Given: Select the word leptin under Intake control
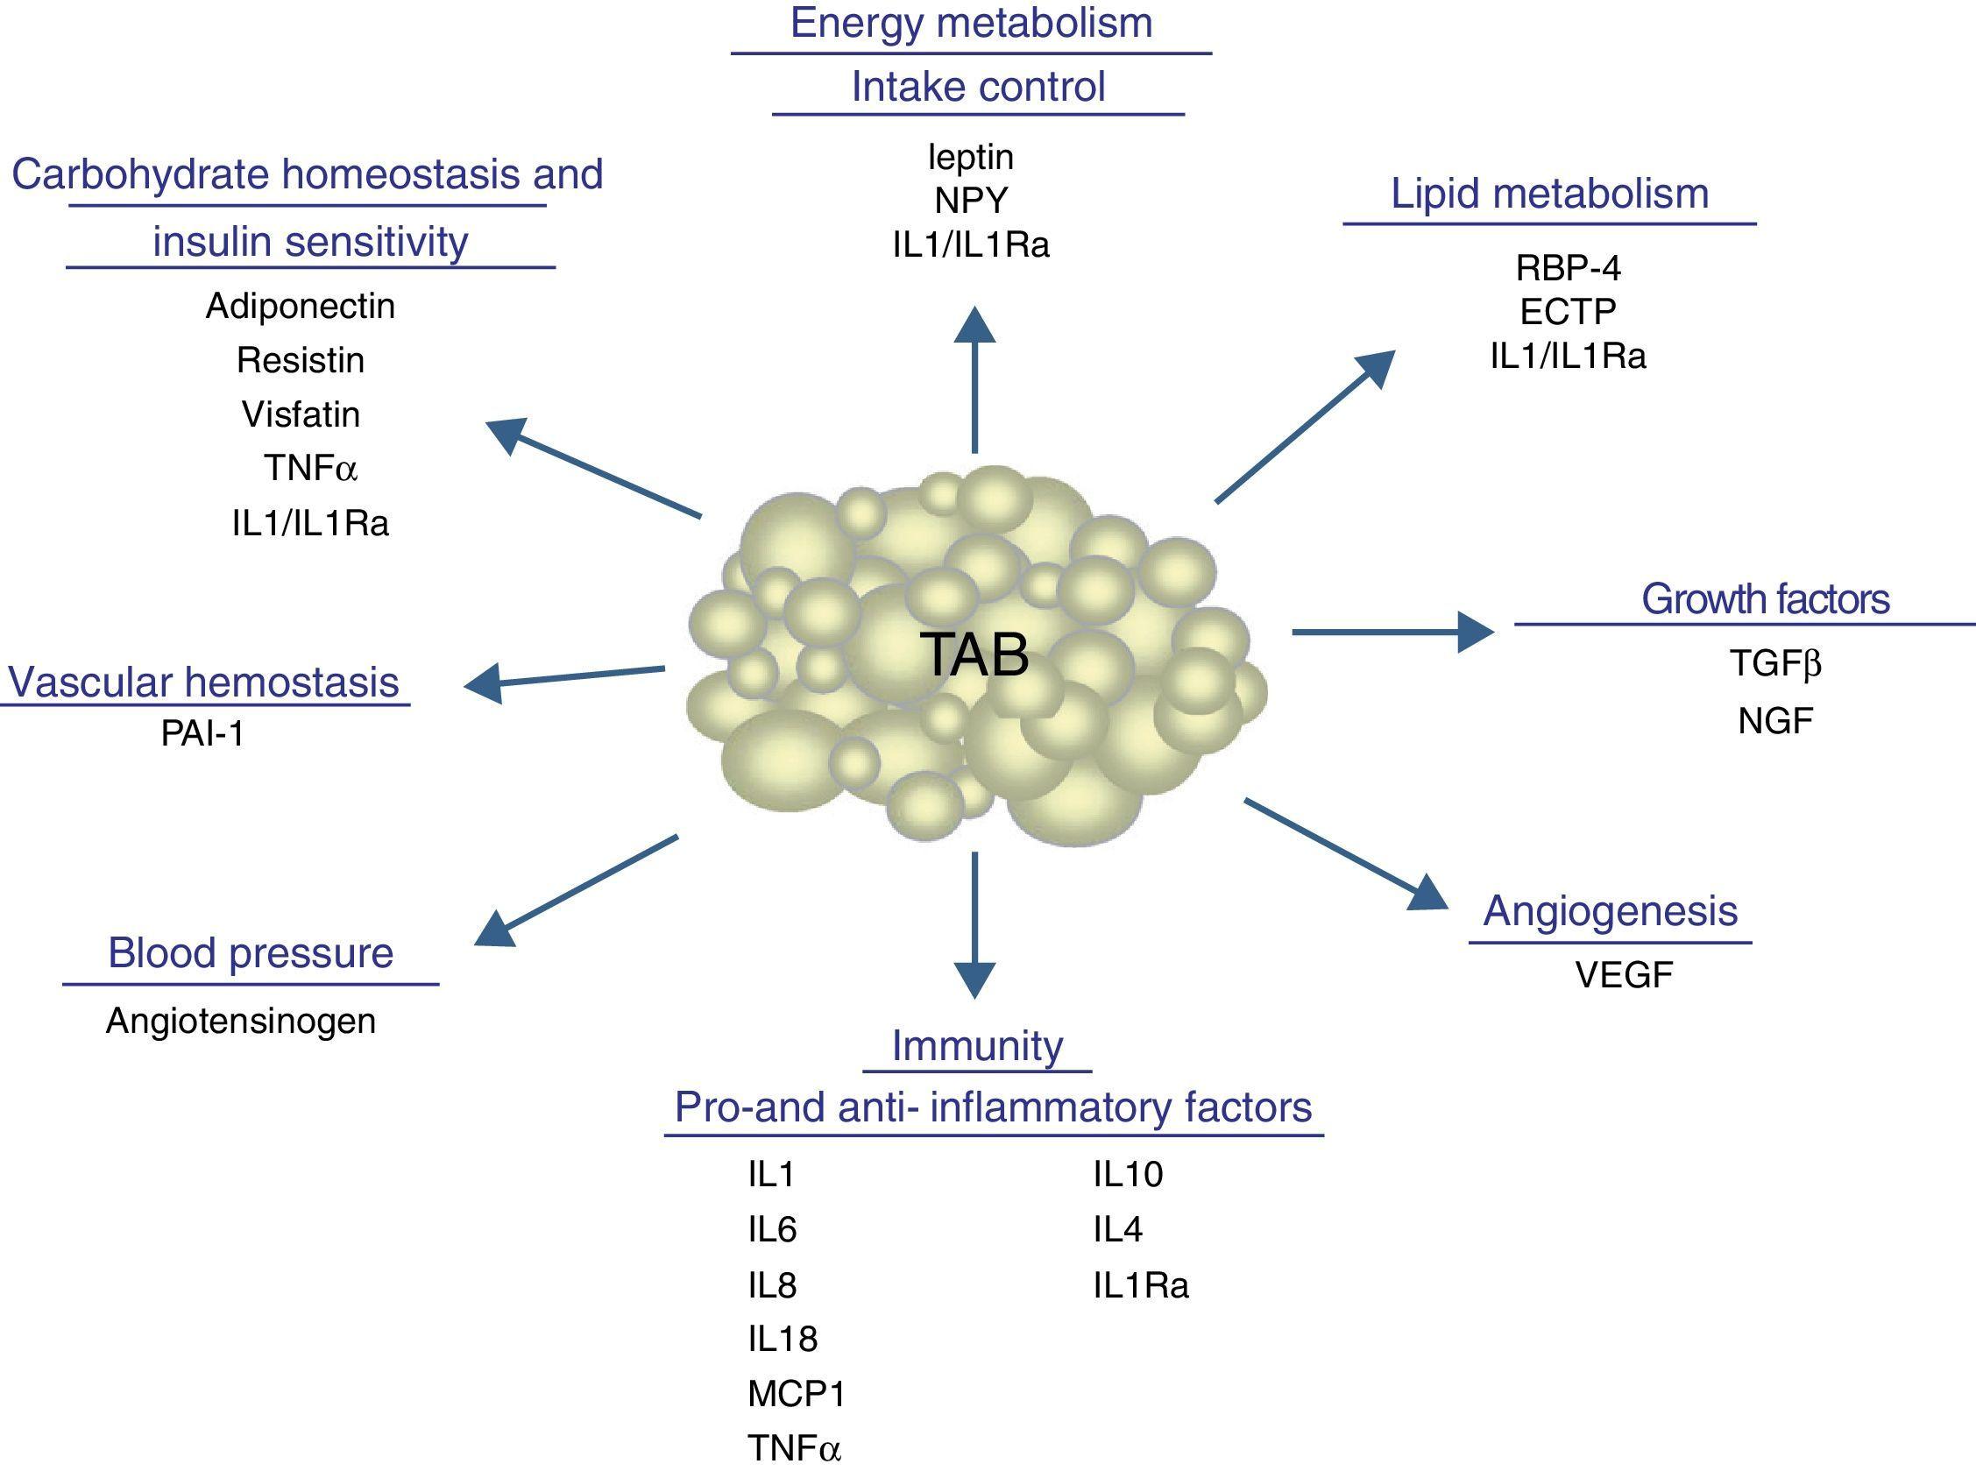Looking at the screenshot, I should pyautogui.click(x=971, y=158).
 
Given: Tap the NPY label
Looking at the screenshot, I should pyautogui.click(x=971, y=202).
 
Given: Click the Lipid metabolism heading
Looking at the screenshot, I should pyautogui.click(x=1549, y=194).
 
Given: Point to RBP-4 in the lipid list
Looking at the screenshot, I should pyautogui.click(x=1569, y=268).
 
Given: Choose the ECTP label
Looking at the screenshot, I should pyautogui.click(x=1569, y=312).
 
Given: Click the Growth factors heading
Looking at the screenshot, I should pyautogui.click(x=1765, y=599).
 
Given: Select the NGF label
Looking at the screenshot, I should pyautogui.click(x=1774, y=721).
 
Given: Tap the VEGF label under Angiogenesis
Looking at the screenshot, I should pyautogui.click(x=1624, y=975).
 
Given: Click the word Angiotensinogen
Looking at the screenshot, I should pyautogui.click(x=240, y=1021).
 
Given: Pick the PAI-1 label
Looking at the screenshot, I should pyautogui.click(x=202, y=733).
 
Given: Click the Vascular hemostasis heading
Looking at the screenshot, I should pyautogui.click(x=203, y=683).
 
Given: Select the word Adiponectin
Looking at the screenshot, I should pyautogui.click(x=300, y=307).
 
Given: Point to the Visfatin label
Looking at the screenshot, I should pyautogui.click(x=301, y=415).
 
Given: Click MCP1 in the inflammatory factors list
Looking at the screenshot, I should pyautogui.click(x=797, y=1394).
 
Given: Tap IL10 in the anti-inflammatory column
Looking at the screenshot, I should pyautogui.click(x=1128, y=1176).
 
